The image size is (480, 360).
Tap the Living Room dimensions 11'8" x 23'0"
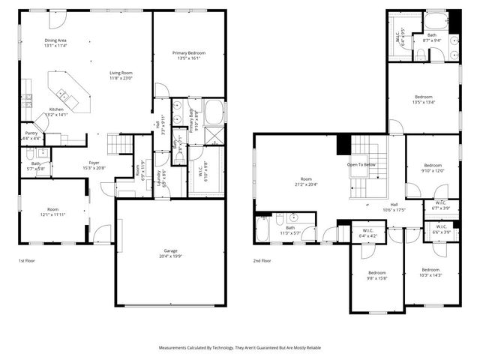[x=120, y=78]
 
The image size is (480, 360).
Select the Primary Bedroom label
[x=188, y=53]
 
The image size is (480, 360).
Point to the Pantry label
[x=31, y=133]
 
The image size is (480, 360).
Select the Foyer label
[x=94, y=162]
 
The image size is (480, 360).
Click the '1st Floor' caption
[x=28, y=260]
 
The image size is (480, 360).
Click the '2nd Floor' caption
[x=262, y=260]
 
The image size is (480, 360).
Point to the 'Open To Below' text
[x=362, y=164]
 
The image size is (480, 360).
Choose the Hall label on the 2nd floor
[x=394, y=204]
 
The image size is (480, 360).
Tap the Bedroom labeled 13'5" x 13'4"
[x=424, y=97]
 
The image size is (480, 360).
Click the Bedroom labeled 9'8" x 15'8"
[x=376, y=272]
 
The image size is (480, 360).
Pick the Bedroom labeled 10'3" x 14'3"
[x=430, y=269]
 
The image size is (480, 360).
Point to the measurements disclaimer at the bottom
[x=240, y=348]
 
